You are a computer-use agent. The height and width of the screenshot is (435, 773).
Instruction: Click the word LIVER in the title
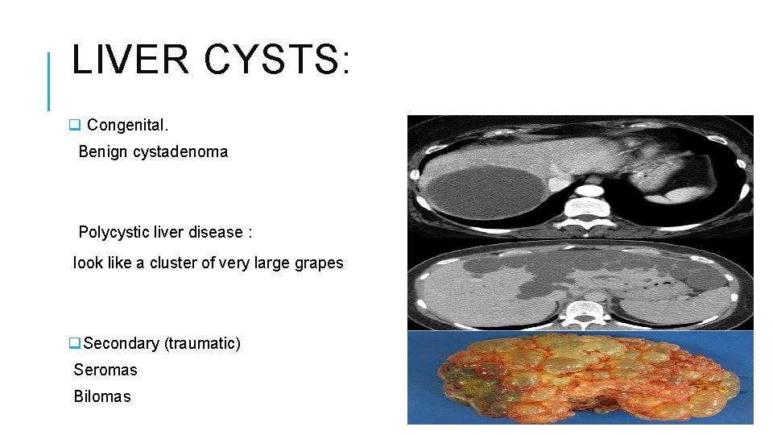click(x=130, y=60)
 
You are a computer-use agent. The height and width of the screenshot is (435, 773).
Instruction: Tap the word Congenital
click(x=127, y=125)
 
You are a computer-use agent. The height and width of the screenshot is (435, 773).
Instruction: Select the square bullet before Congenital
click(x=74, y=125)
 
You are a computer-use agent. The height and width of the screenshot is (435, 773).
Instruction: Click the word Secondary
click(x=122, y=344)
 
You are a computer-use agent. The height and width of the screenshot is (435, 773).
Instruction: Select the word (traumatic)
click(x=202, y=344)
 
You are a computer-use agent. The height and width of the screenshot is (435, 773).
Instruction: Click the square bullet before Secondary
click(x=74, y=344)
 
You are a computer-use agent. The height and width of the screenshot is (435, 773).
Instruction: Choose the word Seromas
click(x=105, y=371)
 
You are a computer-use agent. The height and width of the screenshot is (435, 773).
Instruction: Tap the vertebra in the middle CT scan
click(x=585, y=311)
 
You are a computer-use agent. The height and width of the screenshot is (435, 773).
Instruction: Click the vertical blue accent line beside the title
click(x=49, y=81)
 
